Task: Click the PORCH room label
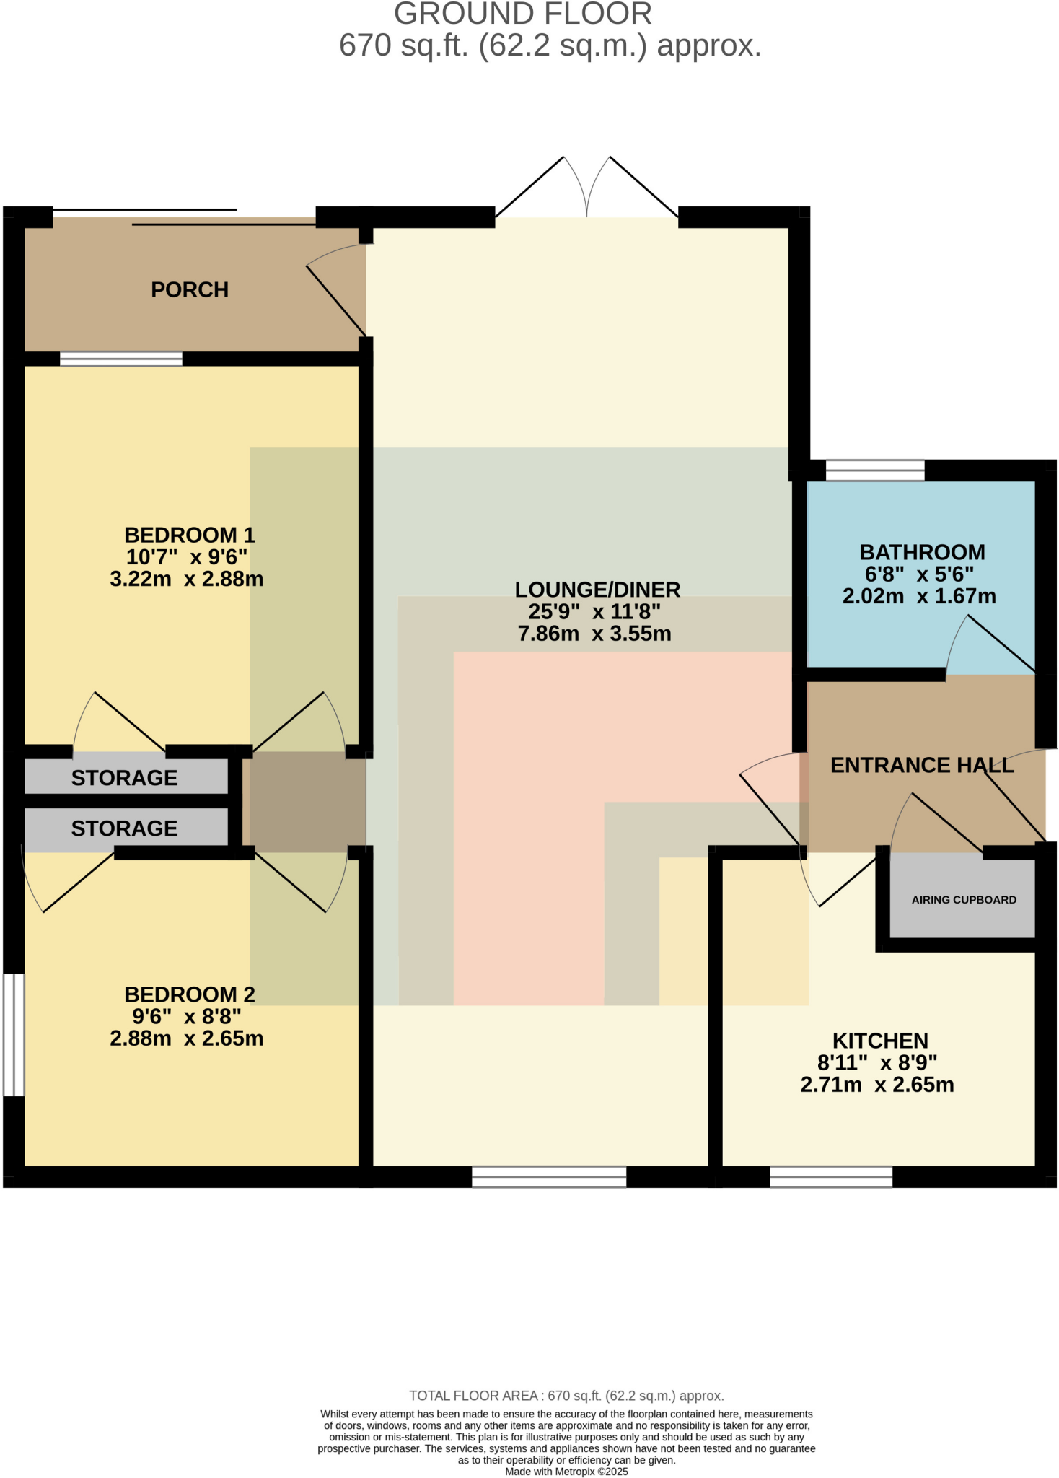[189, 289]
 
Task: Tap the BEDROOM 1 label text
[189, 535]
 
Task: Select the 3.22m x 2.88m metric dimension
[186, 579]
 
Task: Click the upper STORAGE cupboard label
[124, 777]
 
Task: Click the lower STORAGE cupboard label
[124, 828]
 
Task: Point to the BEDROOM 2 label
[189, 994]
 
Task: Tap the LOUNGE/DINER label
[597, 590]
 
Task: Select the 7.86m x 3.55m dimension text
[594, 634]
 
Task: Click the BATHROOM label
[922, 552]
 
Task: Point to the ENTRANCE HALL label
[922, 765]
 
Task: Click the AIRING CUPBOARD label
[963, 900]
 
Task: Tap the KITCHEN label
[880, 1041]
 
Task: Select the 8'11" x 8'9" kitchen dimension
[876, 1062]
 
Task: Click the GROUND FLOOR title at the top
[522, 14]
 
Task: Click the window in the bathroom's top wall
[874, 471]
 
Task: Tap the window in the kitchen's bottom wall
[831, 1176]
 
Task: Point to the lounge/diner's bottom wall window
[549, 1176]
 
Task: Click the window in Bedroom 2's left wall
[14, 1035]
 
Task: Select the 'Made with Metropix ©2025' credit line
[566, 1472]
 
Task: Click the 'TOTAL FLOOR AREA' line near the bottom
[566, 1396]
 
